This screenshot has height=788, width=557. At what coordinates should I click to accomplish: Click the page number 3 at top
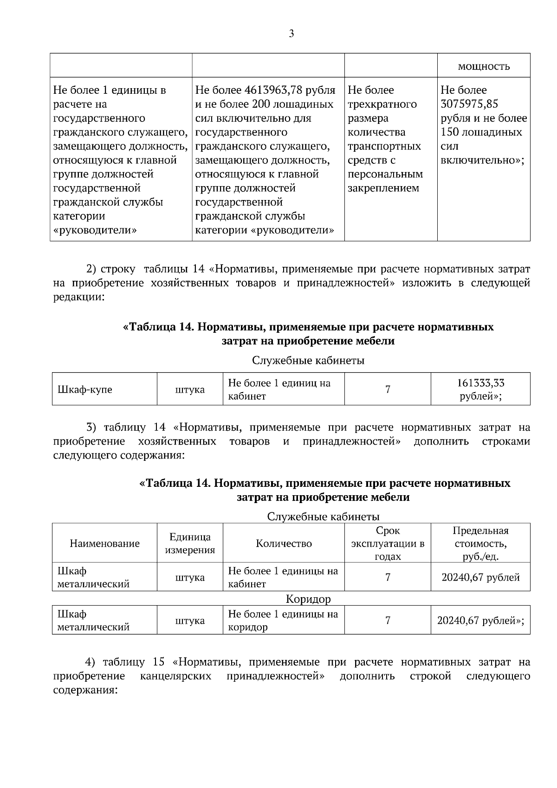(291, 33)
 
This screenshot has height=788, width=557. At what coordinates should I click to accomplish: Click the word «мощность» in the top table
(484, 66)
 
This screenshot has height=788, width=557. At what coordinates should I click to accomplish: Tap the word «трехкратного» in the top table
(382, 104)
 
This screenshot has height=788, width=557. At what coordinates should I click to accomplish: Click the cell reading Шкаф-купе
(85, 389)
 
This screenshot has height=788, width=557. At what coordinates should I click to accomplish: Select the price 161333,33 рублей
(480, 390)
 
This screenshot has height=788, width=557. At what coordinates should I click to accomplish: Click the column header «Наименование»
(104, 543)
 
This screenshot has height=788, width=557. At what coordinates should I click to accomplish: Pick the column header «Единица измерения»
(190, 543)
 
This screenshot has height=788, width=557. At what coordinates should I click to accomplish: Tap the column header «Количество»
(284, 543)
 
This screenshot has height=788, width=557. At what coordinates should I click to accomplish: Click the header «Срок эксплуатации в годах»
(388, 543)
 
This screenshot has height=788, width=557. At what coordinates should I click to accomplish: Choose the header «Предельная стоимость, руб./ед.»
(480, 543)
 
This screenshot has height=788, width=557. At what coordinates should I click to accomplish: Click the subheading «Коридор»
(308, 599)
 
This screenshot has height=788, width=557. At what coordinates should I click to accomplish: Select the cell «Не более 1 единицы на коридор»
(283, 620)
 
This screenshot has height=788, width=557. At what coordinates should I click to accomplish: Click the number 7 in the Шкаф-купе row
(388, 389)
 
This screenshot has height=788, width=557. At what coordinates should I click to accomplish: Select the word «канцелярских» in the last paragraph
(175, 676)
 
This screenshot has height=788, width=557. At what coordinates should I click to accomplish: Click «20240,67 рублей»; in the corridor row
(480, 620)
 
